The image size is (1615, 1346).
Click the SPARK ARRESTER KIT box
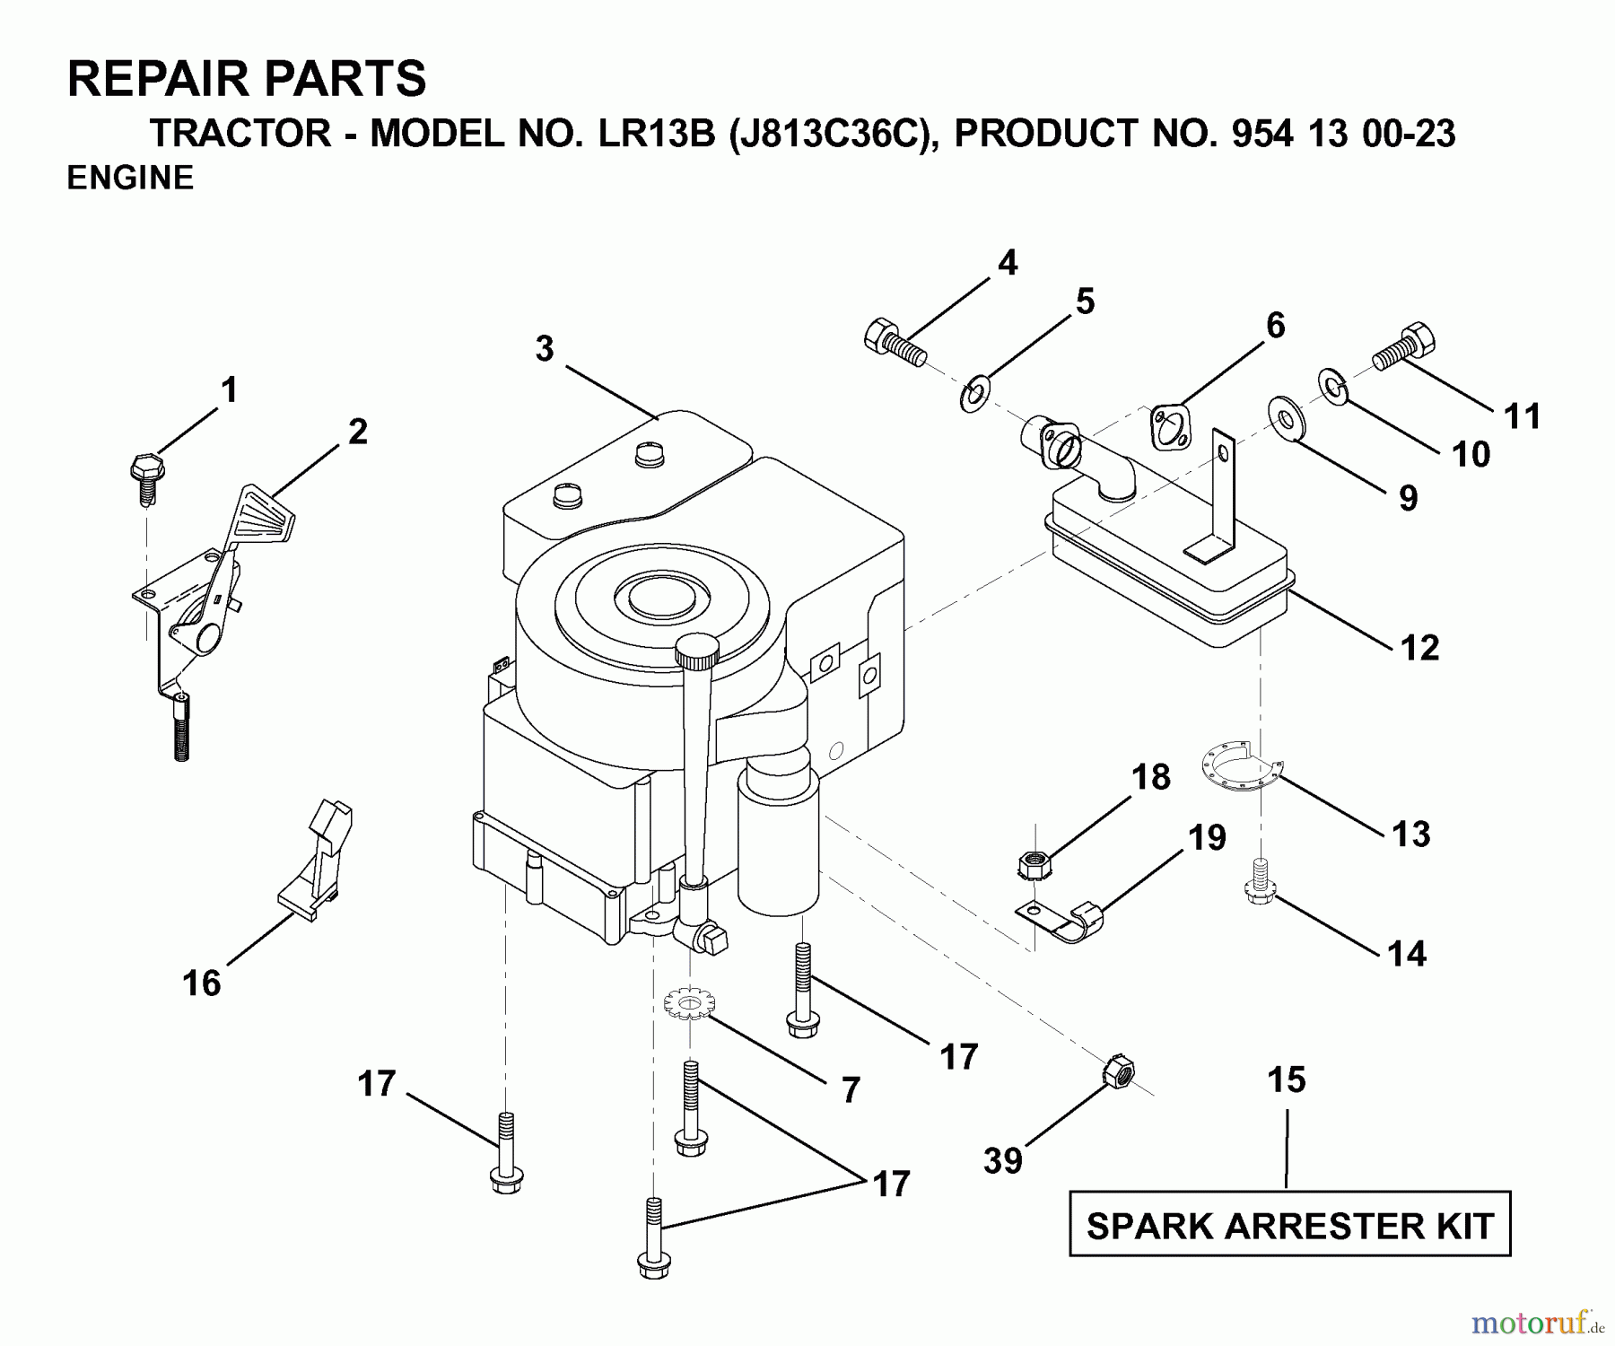coord(1289,1224)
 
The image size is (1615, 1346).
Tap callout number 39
coord(1002,1160)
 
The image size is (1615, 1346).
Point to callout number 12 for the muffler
coord(1419,647)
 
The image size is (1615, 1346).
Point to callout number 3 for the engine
coord(545,349)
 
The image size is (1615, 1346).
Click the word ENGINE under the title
coord(130,178)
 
